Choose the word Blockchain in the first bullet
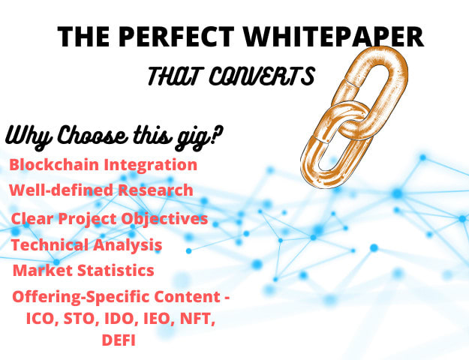[x=51, y=164]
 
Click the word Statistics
[x=119, y=270]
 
